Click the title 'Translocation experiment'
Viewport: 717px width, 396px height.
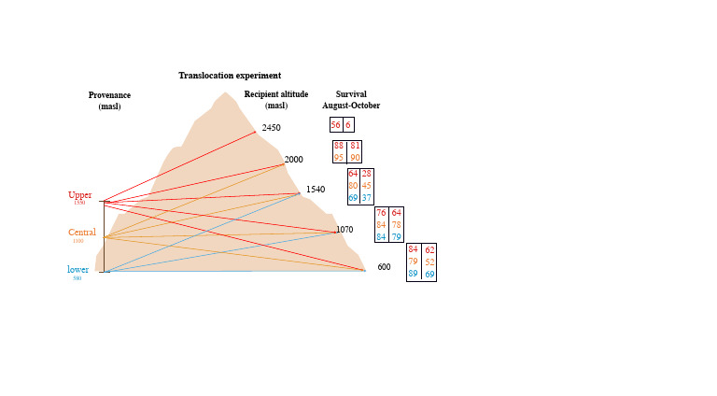click(x=230, y=76)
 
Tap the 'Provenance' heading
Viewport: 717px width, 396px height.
click(x=109, y=95)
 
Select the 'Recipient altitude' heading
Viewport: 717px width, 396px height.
click(x=276, y=94)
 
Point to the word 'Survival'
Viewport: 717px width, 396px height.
click(x=351, y=94)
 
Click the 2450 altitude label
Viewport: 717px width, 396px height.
click(x=271, y=128)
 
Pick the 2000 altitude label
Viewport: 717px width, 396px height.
click(x=293, y=160)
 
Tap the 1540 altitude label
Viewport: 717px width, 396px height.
click(x=315, y=190)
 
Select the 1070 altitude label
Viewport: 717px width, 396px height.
click(x=344, y=229)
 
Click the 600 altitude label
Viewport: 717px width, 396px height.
click(x=384, y=267)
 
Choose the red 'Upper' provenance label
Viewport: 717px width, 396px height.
click(x=79, y=195)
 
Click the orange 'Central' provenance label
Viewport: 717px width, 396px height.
click(x=82, y=233)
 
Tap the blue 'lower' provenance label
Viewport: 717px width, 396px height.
click(x=77, y=270)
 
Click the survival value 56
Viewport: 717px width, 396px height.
click(x=335, y=125)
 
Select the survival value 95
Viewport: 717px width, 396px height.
click(x=339, y=157)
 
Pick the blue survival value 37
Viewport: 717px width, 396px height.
click(x=367, y=198)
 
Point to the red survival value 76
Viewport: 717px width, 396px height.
click(x=381, y=213)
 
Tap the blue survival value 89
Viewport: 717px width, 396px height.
click(x=413, y=274)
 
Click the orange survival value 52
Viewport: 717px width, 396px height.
click(x=429, y=262)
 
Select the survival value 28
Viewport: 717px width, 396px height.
click(x=367, y=174)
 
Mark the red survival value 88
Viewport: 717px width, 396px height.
click(x=339, y=146)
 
